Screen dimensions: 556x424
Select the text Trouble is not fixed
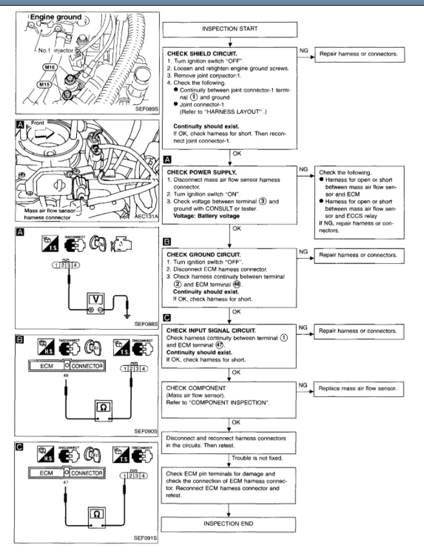pyautogui.click(x=264, y=458)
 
